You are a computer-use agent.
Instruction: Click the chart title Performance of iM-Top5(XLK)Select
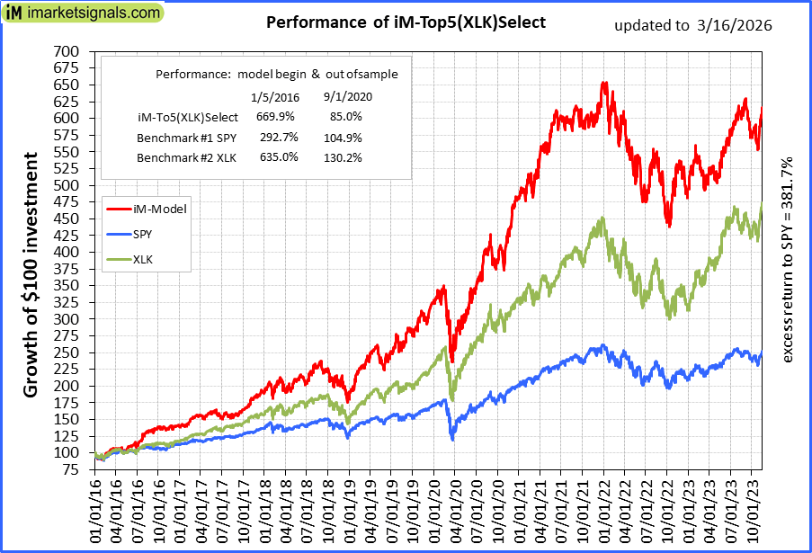(x=406, y=22)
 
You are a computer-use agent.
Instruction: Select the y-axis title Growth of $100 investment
(x=31, y=274)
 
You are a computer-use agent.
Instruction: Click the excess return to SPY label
(x=789, y=261)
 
